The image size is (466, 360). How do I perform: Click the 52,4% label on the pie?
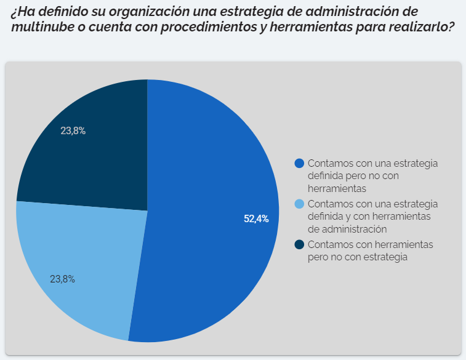pyautogui.click(x=256, y=218)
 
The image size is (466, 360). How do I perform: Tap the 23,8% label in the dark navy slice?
pyautogui.click(x=73, y=130)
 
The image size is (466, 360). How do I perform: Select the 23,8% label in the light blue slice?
pyautogui.click(x=62, y=279)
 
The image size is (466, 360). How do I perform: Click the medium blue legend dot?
pyautogui.click(x=300, y=163)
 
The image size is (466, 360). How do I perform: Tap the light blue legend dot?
pyautogui.click(x=300, y=204)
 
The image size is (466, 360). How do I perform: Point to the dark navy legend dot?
pyautogui.click(x=300, y=244)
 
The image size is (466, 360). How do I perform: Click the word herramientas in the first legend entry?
pyautogui.click(x=337, y=188)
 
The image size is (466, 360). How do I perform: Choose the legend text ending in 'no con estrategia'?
pyautogui.click(x=358, y=257)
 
